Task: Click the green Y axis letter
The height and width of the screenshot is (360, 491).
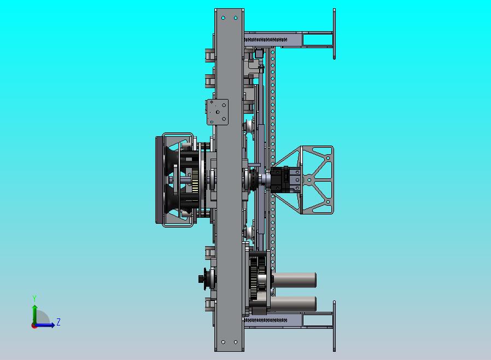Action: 34,298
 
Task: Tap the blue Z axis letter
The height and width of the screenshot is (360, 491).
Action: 59,322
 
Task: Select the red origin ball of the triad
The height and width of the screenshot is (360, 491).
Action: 33,326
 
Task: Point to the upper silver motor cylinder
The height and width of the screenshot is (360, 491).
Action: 294,280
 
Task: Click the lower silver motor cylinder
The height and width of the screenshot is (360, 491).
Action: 293,304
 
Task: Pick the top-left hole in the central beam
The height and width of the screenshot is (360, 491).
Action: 223,18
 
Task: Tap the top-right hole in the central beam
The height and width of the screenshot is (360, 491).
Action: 236,18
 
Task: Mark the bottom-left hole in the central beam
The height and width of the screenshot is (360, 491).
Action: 223,342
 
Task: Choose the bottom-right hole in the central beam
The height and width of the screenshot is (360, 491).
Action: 236,342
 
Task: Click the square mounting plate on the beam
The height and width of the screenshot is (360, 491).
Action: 217,112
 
